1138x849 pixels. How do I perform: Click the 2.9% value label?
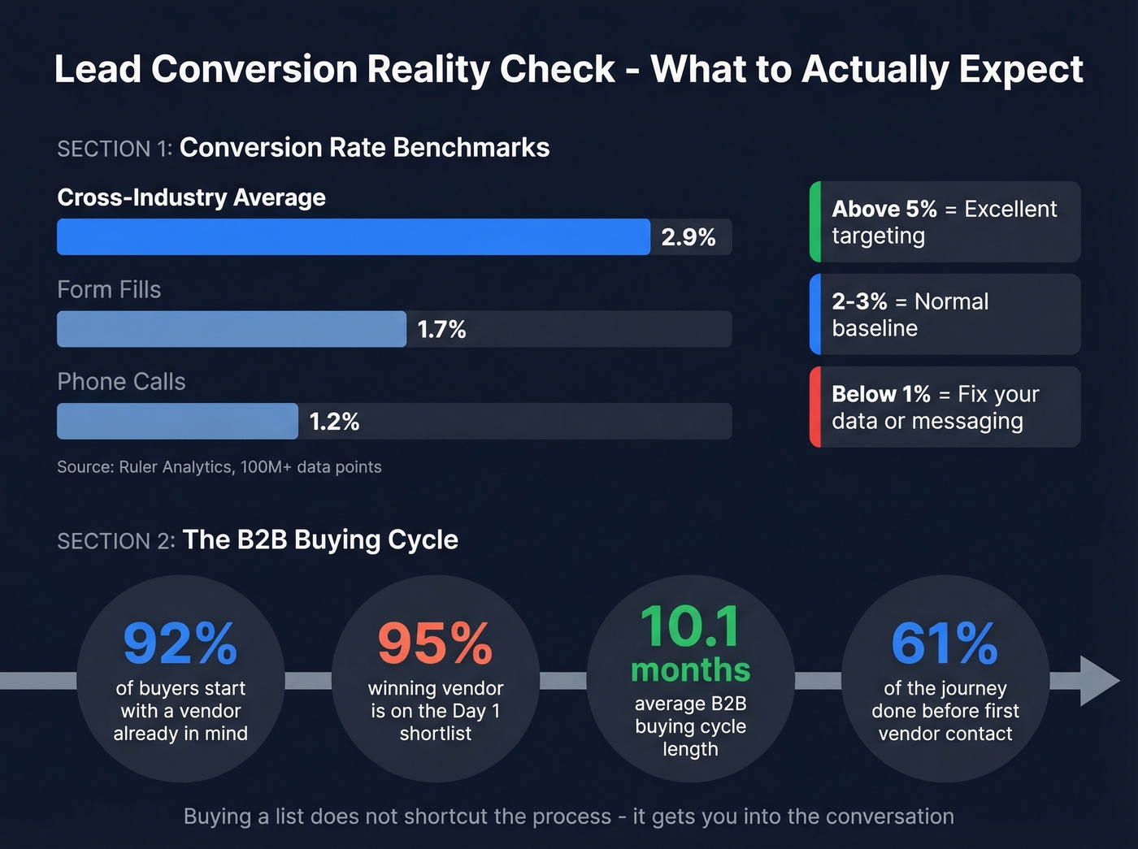point(688,237)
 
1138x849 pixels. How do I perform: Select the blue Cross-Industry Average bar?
point(353,237)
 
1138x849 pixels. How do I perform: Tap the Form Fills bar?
point(231,329)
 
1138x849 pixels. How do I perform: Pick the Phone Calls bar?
point(177,422)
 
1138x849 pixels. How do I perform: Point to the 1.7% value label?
point(441,329)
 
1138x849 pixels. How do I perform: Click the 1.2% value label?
point(334,422)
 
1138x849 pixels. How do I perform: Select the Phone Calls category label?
point(121,382)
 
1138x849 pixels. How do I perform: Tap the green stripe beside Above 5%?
point(815,222)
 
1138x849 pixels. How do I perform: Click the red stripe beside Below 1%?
point(815,407)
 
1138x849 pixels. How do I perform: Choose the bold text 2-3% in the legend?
point(859,301)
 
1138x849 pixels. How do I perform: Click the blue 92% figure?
point(180,643)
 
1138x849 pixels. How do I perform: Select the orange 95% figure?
point(435,643)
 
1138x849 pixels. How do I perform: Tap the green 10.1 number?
point(690,626)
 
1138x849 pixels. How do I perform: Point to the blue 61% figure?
point(945,643)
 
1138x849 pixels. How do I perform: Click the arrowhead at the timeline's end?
point(1098,681)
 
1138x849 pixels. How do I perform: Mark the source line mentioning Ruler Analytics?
point(219,467)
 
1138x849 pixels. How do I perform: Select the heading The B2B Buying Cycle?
point(320,540)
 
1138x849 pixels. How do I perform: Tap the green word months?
point(690,670)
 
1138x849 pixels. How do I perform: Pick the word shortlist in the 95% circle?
point(435,734)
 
